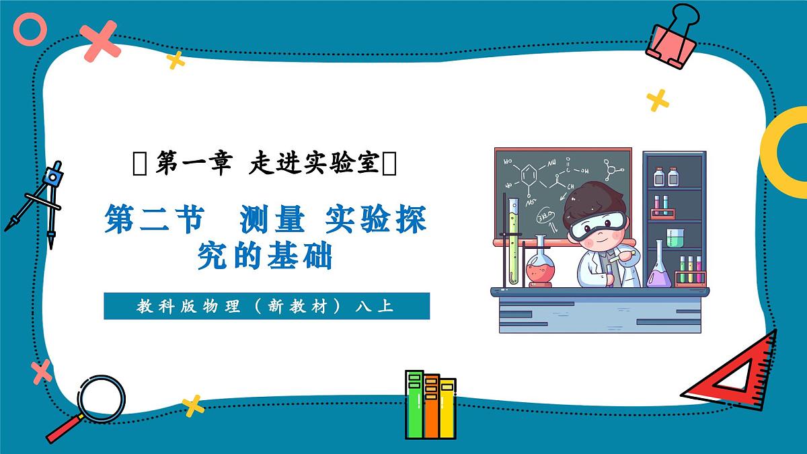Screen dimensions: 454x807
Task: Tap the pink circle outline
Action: point(30,30)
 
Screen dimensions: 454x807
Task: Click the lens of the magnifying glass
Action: point(101,399)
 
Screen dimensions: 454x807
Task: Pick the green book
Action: point(414,404)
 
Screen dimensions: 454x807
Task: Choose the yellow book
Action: point(447,407)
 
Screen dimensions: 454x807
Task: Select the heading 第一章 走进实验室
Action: point(266,163)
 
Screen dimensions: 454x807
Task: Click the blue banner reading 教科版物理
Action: point(266,307)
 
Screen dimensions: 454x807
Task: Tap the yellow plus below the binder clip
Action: point(658,100)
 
